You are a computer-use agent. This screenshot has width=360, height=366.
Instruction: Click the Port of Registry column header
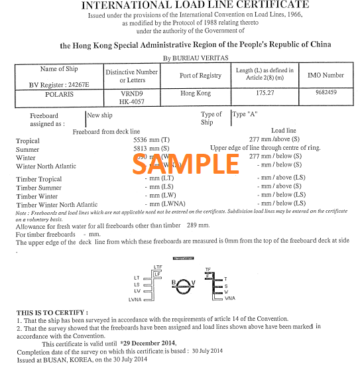(x=200, y=76)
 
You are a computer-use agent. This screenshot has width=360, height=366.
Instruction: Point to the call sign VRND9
(x=132, y=94)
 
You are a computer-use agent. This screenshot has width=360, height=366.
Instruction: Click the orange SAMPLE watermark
(x=192, y=164)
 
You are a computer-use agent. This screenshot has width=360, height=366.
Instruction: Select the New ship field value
(x=100, y=115)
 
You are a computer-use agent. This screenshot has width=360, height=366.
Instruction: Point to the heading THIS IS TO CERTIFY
(x=52, y=312)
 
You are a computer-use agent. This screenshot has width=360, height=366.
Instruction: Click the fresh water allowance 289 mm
(x=199, y=226)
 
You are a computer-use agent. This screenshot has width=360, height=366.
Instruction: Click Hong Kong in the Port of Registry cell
(x=195, y=93)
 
